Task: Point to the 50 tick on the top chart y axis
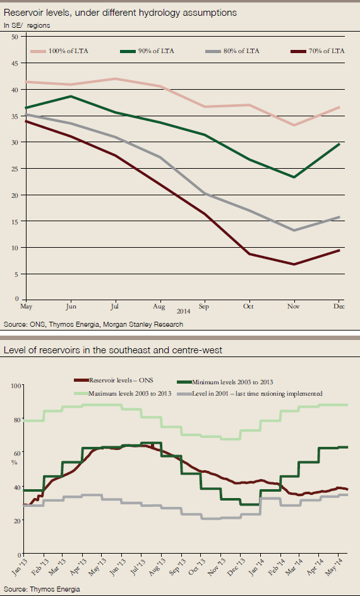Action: [14, 37]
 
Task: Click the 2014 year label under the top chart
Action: [184, 312]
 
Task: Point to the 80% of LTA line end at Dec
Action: [340, 217]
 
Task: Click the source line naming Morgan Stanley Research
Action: [93, 324]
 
